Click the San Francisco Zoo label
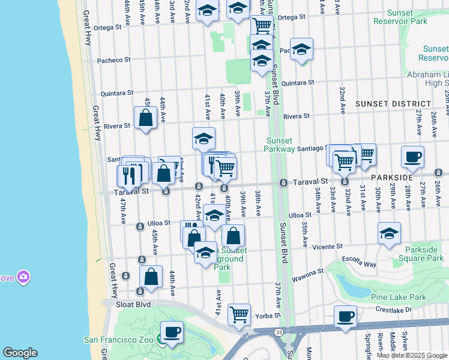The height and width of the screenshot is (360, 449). (x=120, y=340)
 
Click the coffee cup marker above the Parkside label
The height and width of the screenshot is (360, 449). (x=412, y=157)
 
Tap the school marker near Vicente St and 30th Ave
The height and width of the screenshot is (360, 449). (x=389, y=233)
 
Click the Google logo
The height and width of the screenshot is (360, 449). (x=20, y=353)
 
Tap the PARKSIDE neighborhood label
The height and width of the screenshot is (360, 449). (x=391, y=178)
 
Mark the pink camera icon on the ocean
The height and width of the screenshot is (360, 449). (x=23, y=277)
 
